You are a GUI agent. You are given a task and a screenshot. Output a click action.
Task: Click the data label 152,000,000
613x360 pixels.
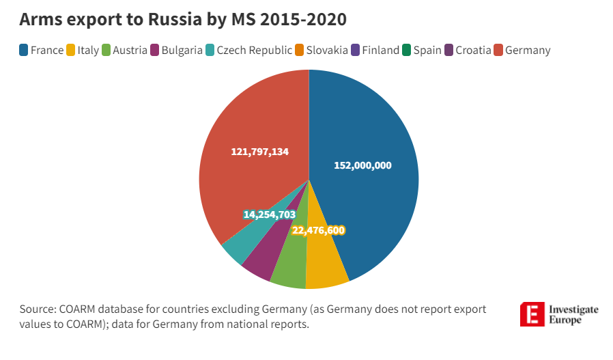click(x=362, y=165)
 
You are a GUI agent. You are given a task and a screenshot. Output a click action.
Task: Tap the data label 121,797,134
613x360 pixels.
click(x=259, y=152)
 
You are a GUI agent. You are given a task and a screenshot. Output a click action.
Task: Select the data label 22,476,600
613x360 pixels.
click(x=318, y=230)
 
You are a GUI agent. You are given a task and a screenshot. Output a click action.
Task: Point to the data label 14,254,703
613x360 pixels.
click(x=269, y=214)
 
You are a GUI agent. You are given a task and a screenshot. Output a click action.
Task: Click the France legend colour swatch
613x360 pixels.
click(x=24, y=50)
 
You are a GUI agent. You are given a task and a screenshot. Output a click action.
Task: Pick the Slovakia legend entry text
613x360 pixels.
click(x=327, y=50)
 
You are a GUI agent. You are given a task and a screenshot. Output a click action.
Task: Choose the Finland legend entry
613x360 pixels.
click(x=380, y=50)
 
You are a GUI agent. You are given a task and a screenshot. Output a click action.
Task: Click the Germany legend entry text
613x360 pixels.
click(x=528, y=50)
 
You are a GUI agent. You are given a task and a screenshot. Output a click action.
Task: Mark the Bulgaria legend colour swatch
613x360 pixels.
click(x=154, y=50)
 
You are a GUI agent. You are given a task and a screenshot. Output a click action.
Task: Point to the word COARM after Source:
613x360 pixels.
click(x=81, y=309)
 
